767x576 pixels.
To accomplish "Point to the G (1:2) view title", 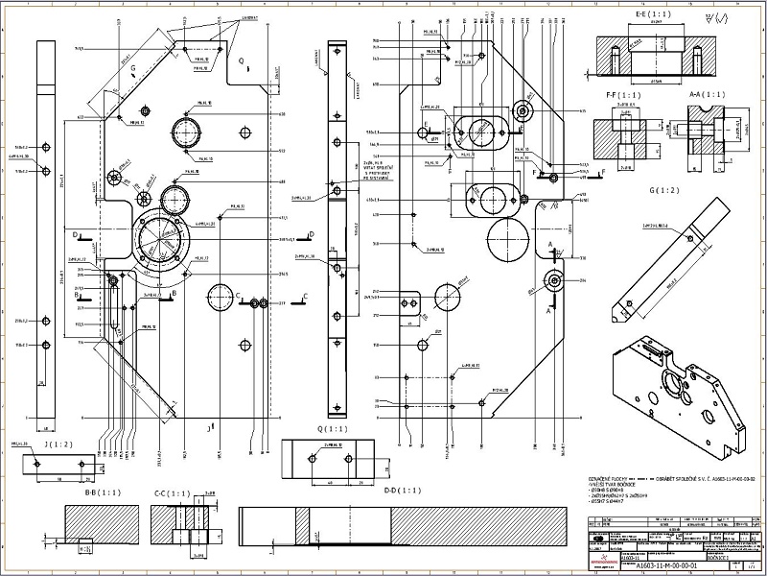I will pyautogui.click(x=664, y=190).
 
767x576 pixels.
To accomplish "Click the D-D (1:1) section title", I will pyautogui.click(x=402, y=491).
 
